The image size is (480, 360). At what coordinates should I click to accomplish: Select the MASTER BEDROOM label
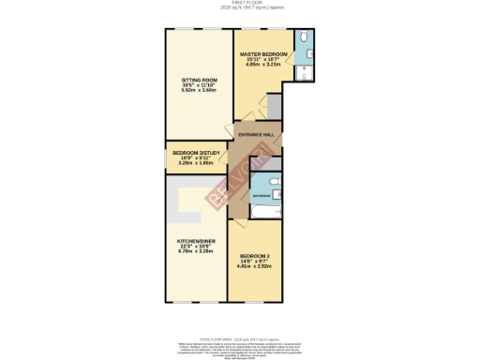point(262,53)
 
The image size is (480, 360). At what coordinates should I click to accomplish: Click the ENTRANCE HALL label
point(257,135)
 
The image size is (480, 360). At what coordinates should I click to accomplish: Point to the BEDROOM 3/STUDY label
point(197,153)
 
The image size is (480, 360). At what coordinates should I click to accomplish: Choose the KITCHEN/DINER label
point(197,241)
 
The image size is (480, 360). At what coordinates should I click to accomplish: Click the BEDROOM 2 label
point(255,256)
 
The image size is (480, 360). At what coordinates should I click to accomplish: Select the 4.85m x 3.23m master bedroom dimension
point(262,65)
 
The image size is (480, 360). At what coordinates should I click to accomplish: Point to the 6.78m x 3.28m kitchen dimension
point(197,252)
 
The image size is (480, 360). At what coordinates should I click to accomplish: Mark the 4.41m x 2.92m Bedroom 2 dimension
point(255,266)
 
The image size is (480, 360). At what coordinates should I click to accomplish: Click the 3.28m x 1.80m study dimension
point(197,163)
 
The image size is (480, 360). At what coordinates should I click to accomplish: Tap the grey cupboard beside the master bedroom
point(274,105)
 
